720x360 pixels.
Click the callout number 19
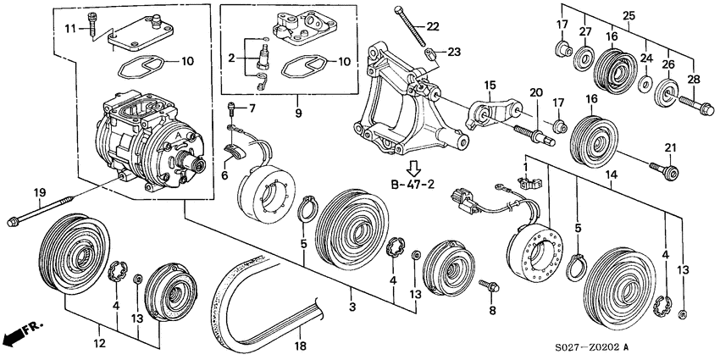[x=40, y=192]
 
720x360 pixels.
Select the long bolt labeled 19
[x=41, y=211]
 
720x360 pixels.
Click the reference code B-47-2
[x=413, y=185]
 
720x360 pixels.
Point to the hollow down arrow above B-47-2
[x=413, y=168]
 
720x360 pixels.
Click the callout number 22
[x=432, y=26]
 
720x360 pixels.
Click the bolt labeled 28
[x=696, y=105]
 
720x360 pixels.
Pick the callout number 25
[x=629, y=15]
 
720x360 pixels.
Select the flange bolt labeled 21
[x=664, y=170]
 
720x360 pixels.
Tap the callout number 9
[x=298, y=113]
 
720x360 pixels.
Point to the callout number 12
[x=100, y=343]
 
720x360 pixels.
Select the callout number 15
[x=490, y=86]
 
